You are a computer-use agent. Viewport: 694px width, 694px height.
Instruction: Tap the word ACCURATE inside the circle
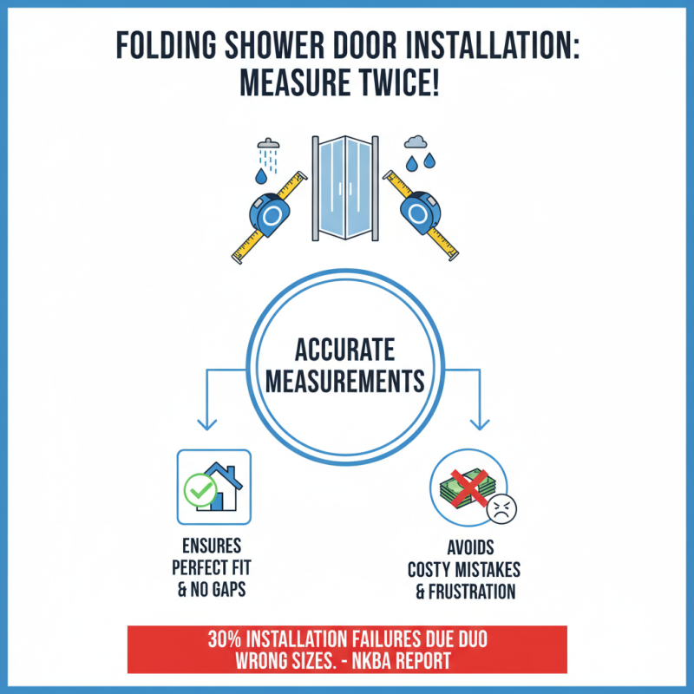(344, 350)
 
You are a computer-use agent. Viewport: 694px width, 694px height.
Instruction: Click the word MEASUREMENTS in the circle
(344, 382)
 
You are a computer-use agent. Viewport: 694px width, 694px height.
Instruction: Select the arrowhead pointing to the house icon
(206, 424)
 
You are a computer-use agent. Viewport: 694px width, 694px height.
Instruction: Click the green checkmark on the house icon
(199, 493)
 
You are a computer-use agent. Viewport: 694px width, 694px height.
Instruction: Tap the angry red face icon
(499, 509)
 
